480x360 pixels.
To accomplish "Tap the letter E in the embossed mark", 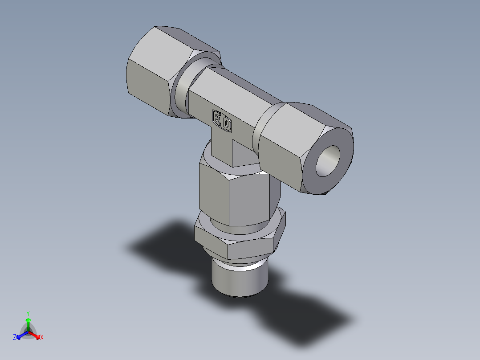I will tap(218, 119).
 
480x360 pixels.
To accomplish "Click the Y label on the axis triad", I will tap(28, 313).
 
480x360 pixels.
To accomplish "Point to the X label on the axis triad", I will tap(42, 338).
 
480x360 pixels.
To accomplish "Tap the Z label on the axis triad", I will tap(15, 337).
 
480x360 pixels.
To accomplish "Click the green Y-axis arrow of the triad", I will tap(28, 323).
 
